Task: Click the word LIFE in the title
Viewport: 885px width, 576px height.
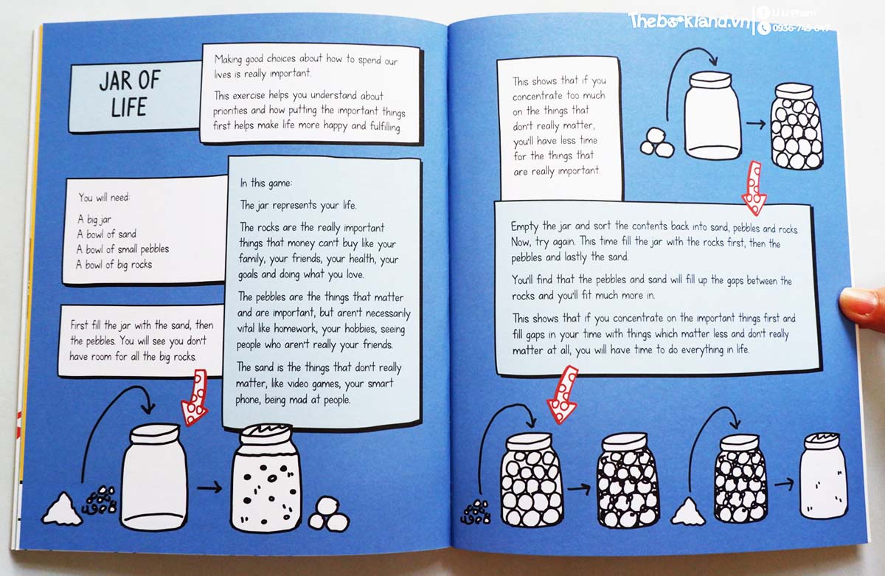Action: [x=129, y=107]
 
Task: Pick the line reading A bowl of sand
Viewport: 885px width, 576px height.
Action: [x=107, y=234]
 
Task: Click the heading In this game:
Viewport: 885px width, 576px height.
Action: [x=265, y=184]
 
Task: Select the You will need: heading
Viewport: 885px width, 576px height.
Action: [x=104, y=197]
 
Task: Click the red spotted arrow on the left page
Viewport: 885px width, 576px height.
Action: [x=195, y=397]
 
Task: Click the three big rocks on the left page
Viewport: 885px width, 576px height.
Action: [x=329, y=514]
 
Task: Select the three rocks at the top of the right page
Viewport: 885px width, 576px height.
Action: [x=657, y=142]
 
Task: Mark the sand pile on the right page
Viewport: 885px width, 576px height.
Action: [x=688, y=512]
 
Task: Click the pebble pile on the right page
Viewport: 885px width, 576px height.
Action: [x=475, y=513]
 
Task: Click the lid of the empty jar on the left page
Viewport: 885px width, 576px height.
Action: [x=155, y=434]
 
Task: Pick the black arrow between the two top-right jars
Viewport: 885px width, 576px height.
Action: [x=756, y=124]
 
